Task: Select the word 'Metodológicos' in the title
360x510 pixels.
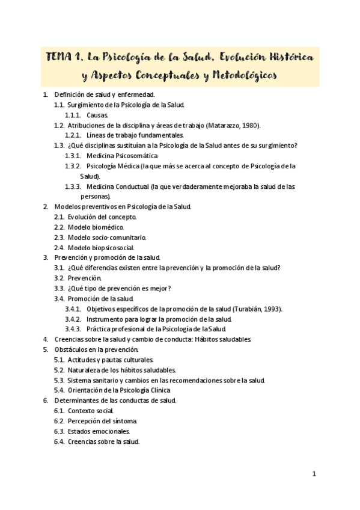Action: tap(238, 77)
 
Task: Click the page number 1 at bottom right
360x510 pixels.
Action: tap(314, 474)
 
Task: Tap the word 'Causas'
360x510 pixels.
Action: tap(97, 115)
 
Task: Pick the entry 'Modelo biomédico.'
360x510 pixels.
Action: tap(96, 227)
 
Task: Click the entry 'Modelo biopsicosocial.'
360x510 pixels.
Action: tap(101, 248)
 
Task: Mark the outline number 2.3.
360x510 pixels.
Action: tap(59, 238)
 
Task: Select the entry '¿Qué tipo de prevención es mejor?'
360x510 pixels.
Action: tap(120, 288)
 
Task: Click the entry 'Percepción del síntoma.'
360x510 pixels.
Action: tap(103, 421)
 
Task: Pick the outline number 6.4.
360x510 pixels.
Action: tap(59, 441)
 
